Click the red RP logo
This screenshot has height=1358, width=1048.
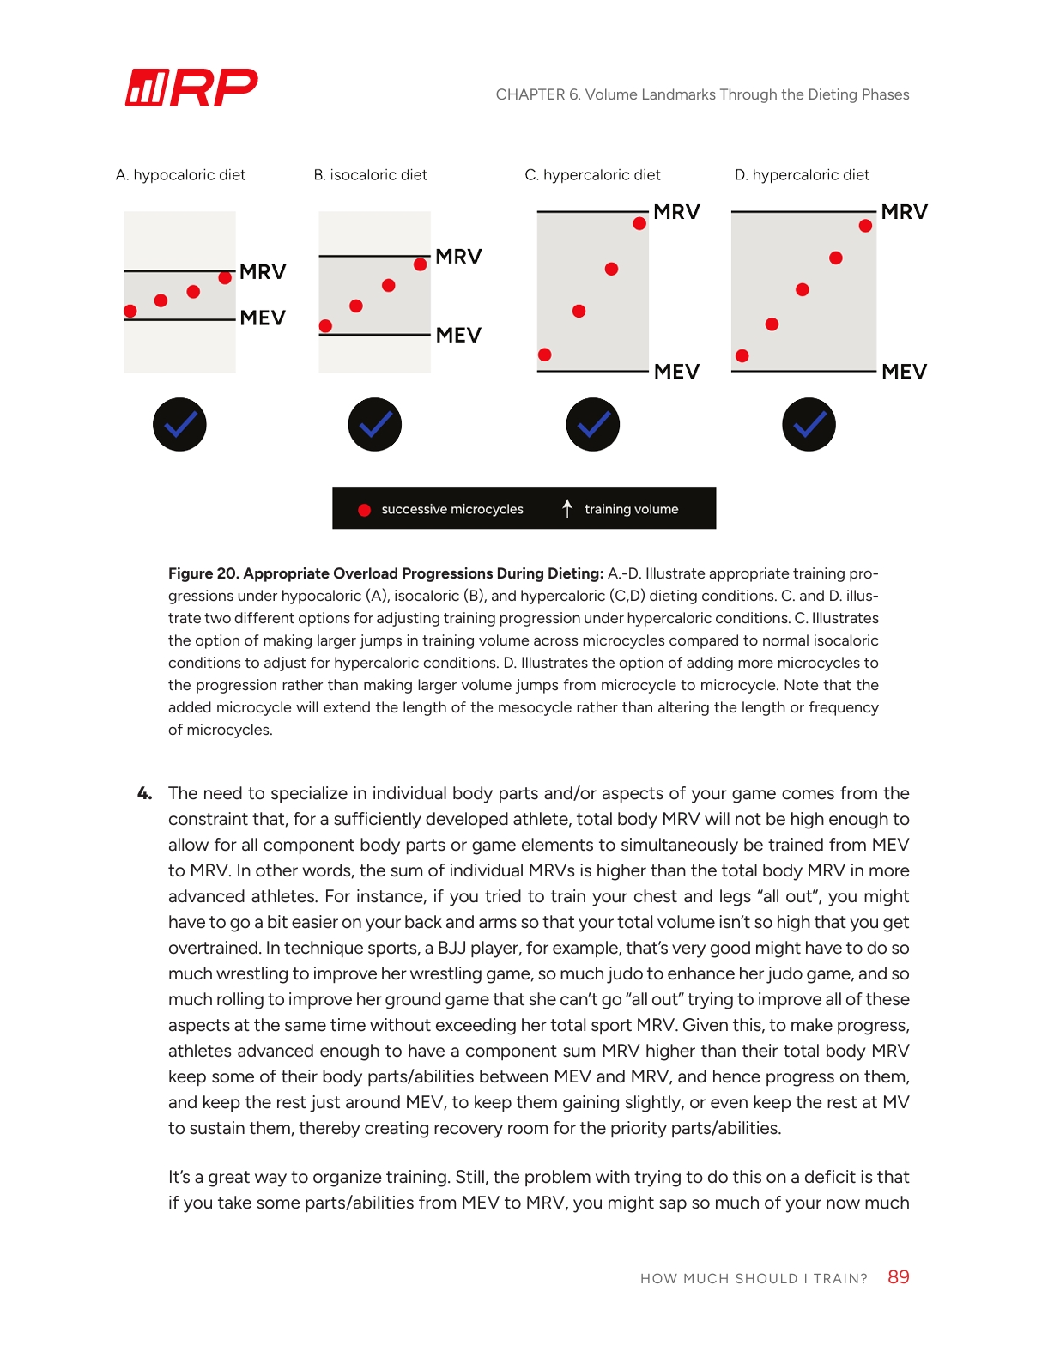(x=191, y=88)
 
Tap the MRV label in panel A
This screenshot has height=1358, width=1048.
(x=263, y=272)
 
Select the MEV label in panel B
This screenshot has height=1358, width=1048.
(x=458, y=336)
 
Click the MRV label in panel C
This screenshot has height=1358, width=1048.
(x=676, y=212)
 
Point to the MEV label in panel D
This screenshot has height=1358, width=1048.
(x=904, y=372)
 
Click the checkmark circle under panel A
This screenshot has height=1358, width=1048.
(x=179, y=424)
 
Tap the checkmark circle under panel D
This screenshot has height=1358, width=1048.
(x=809, y=424)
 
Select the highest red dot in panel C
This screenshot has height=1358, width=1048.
(x=639, y=224)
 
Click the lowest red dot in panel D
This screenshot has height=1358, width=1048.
(x=742, y=356)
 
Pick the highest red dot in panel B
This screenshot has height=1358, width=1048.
(x=421, y=264)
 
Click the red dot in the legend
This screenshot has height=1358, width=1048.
(x=364, y=510)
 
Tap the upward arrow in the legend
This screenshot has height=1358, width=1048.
(x=567, y=508)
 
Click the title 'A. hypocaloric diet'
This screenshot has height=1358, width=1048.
(x=180, y=175)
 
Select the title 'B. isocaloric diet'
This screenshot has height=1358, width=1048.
(x=370, y=175)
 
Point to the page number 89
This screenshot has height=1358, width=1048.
(x=899, y=1277)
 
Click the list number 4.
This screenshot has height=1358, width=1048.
(x=144, y=794)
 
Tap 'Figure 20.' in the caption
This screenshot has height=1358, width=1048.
(x=203, y=573)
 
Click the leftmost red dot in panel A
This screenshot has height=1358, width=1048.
(x=130, y=311)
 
